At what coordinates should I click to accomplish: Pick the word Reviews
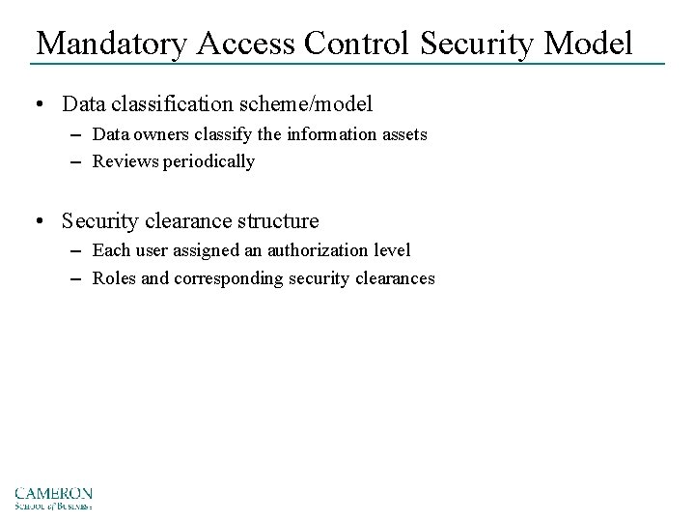(124, 161)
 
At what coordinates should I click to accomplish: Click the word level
(391, 250)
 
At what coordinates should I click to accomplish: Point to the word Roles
(114, 278)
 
